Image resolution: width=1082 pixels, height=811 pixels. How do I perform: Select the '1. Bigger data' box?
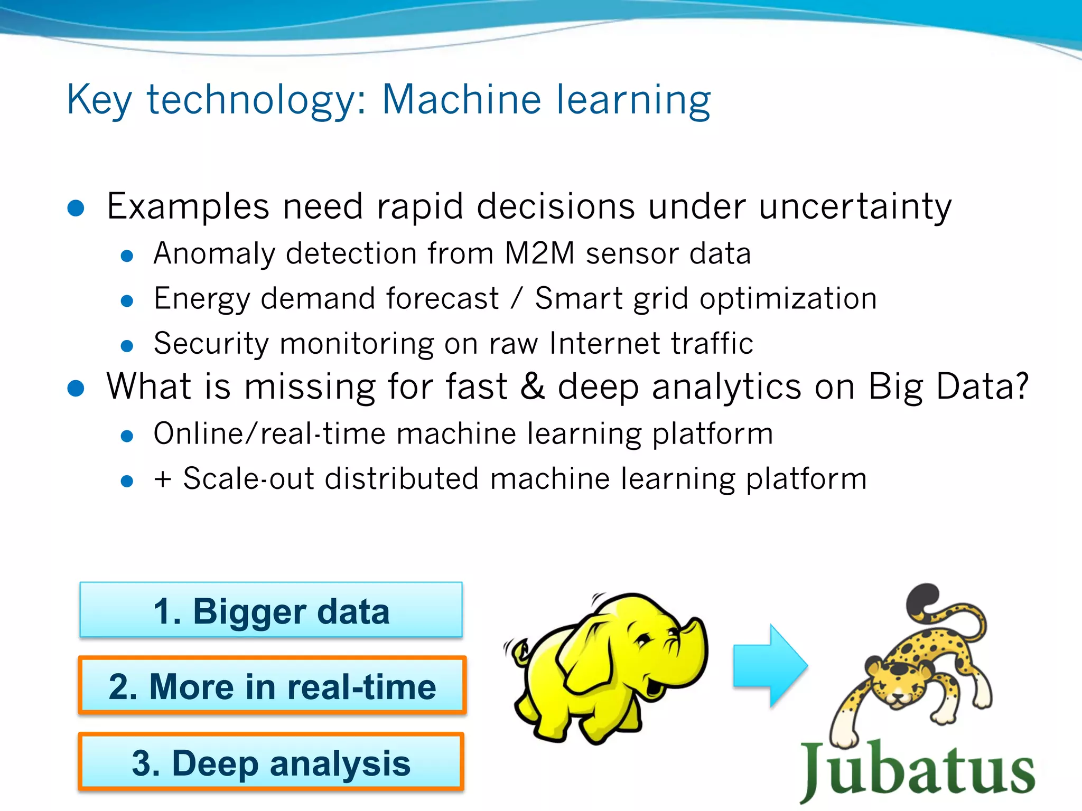271,610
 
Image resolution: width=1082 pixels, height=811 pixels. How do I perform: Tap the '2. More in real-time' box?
272,686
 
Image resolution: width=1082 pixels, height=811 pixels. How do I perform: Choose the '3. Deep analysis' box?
271,762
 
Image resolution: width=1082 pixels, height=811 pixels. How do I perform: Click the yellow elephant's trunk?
692,655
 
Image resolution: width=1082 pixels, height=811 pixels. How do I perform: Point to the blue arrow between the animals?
770,665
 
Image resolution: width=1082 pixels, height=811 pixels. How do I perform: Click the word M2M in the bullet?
539,253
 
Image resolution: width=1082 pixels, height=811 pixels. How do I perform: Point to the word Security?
211,344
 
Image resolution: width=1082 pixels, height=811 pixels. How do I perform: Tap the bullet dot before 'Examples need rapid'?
76,208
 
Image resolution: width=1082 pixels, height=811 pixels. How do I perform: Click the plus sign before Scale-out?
163,479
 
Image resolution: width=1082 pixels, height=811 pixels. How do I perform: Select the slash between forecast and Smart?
517,299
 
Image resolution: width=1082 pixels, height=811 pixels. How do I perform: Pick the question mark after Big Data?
1020,386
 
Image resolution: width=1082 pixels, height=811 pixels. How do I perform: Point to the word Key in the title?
99,100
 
